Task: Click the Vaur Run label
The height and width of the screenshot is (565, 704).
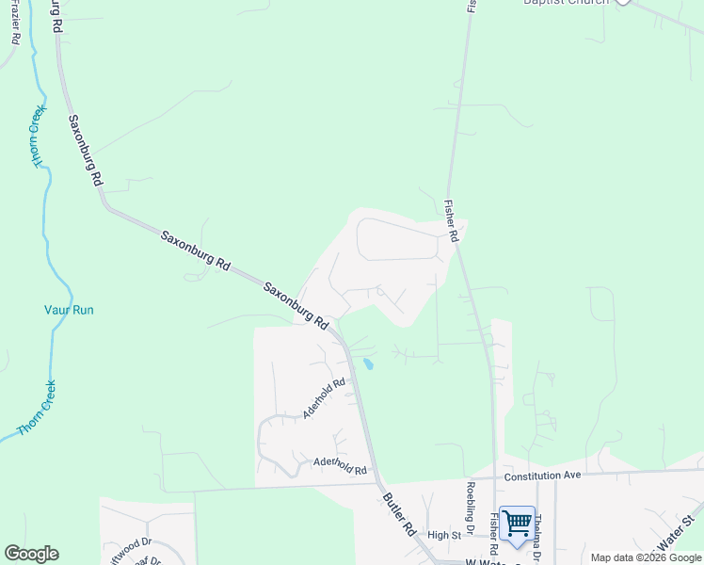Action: [70, 310]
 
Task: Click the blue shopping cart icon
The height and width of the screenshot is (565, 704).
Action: [517, 523]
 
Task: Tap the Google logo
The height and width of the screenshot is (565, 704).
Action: [31, 554]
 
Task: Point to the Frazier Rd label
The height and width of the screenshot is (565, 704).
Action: [15, 23]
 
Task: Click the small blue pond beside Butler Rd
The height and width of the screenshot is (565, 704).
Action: [368, 363]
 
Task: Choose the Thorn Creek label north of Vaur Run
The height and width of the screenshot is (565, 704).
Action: [39, 137]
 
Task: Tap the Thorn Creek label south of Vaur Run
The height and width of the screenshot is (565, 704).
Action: [36, 408]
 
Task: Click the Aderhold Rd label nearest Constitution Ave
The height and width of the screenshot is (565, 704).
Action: [340, 466]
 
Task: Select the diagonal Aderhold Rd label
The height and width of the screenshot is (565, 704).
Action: [325, 398]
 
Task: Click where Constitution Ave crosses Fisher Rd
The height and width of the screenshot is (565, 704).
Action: [495, 477]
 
